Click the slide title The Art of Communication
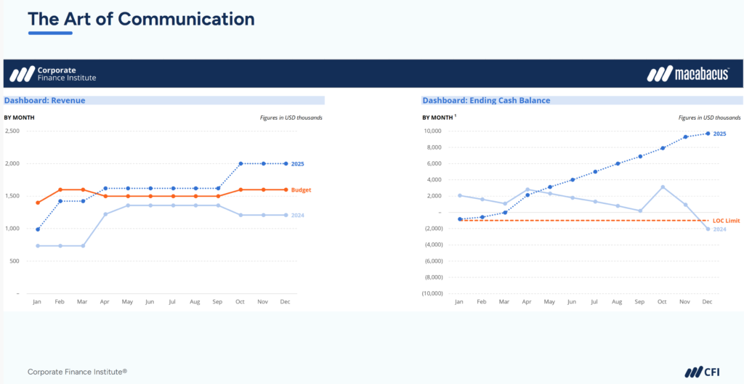click(x=141, y=18)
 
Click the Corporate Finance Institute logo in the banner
click(x=52, y=74)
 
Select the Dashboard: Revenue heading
click(x=45, y=101)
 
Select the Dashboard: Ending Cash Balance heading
click(x=486, y=101)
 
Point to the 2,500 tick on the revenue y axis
click(x=12, y=131)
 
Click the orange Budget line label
click(x=301, y=190)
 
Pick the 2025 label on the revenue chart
click(x=298, y=164)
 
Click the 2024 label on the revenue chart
click(x=298, y=216)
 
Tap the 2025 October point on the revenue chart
click(x=240, y=163)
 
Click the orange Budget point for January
click(x=38, y=203)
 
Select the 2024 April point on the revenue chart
click(x=105, y=214)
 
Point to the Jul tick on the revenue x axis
click(x=172, y=301)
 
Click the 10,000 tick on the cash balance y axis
click(x=433, y=131)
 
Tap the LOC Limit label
click(x=726, y=221)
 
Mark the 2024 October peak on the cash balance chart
click(x=662, y=187)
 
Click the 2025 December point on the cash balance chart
click(x=707, y=134)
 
